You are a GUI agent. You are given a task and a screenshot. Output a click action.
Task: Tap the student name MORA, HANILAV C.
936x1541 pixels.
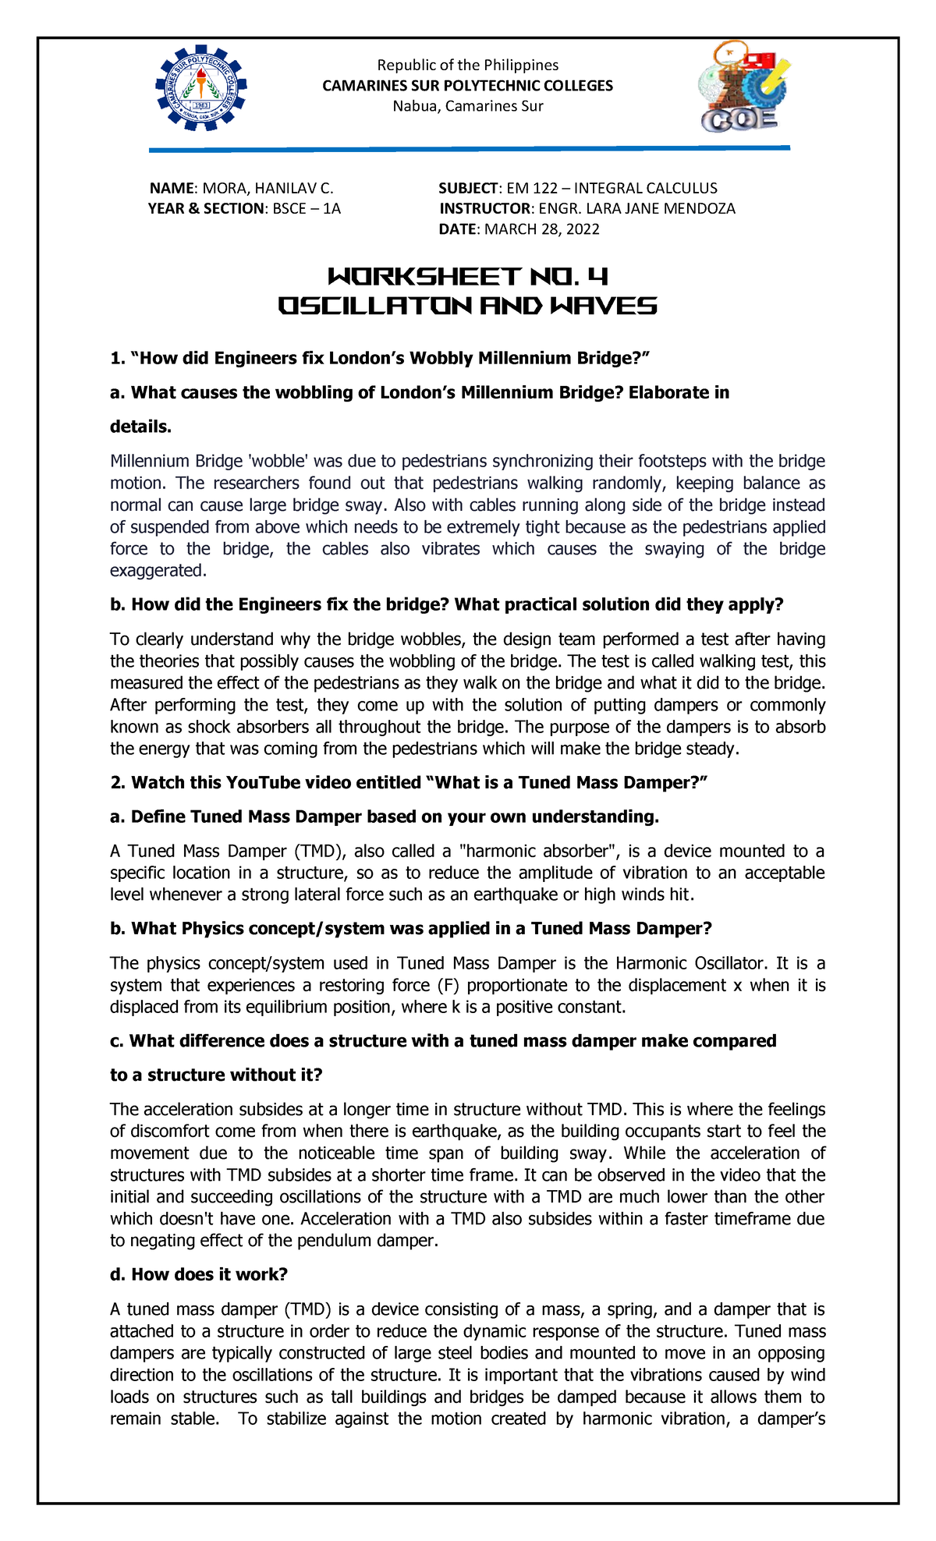pos(268,188)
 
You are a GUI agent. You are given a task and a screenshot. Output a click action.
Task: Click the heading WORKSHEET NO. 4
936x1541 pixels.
pos(467,277)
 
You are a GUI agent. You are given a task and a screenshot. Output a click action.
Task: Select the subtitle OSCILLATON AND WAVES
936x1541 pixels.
pos(467,306)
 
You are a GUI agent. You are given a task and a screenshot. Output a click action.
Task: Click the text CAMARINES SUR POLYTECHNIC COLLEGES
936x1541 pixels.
pos(467,86)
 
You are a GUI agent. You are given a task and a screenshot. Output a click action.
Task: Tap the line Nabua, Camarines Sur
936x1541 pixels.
pos(467,106)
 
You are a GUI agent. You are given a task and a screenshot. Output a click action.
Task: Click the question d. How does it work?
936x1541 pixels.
pos(199,1274)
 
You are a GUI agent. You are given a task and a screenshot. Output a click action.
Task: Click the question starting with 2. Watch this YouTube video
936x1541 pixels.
pos(409,782)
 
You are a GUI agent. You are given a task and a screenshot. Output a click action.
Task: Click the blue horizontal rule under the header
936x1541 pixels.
pos(469,147)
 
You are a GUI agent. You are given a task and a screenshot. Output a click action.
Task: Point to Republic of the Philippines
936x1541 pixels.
pos(467,65)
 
